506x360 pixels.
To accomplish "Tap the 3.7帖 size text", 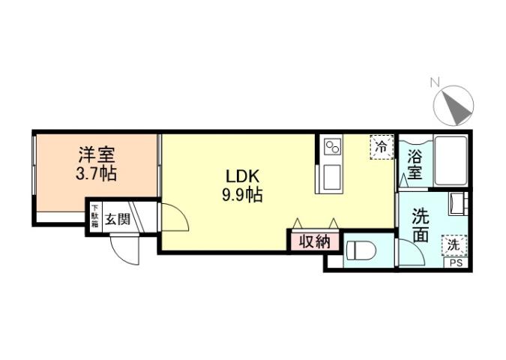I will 97,174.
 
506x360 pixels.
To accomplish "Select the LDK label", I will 242,177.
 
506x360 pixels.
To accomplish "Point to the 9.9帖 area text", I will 242,196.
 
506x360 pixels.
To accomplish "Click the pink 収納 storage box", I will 315,242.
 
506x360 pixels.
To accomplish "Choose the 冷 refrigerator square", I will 381,147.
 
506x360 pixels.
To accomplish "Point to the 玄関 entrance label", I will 118,219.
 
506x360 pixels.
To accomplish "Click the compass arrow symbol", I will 457,106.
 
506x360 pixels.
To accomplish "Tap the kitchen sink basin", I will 331,175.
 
